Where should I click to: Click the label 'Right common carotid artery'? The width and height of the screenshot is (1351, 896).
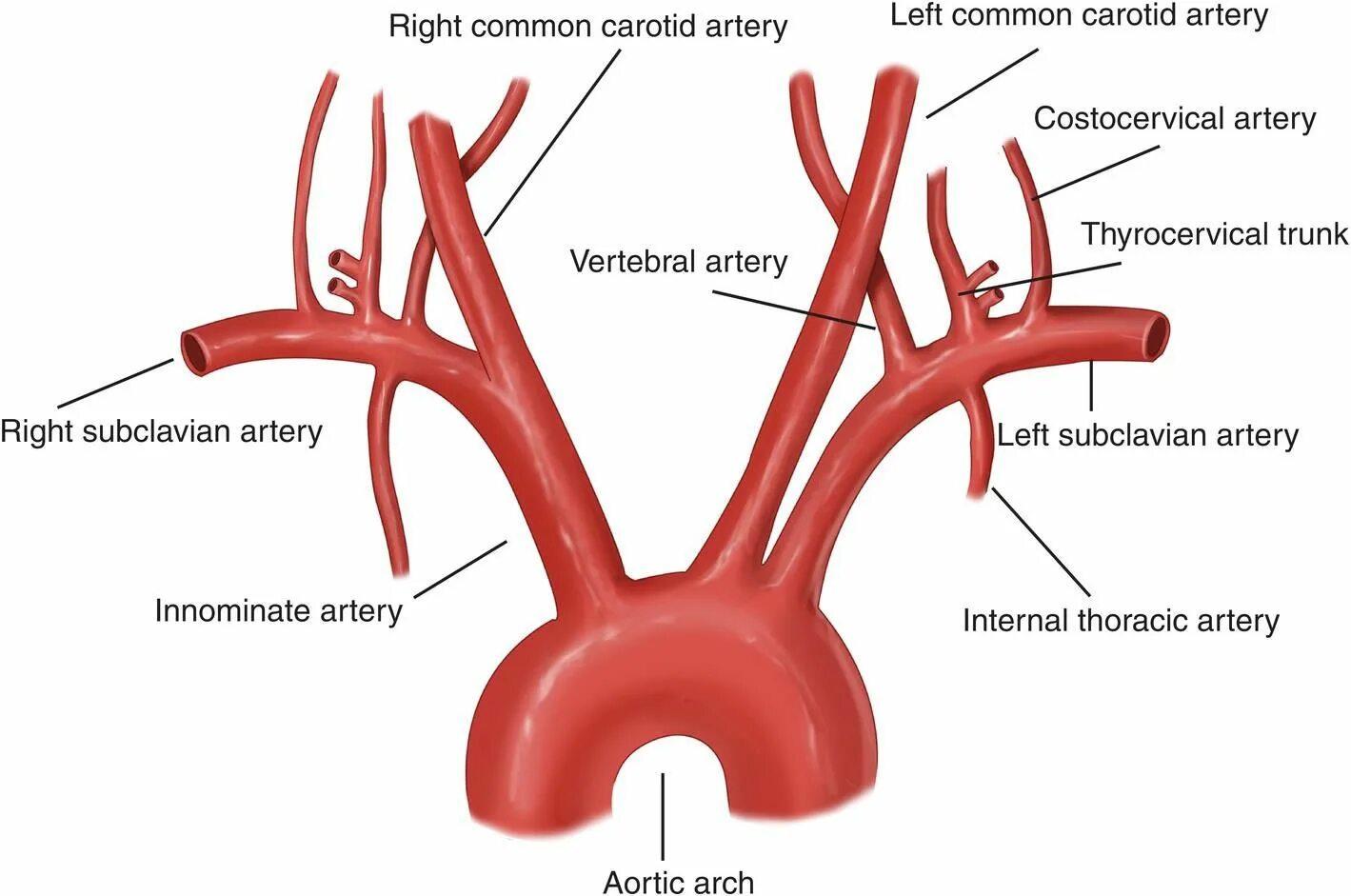(x=587, y=26)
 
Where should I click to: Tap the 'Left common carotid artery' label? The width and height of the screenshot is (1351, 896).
(x=1079, y=15)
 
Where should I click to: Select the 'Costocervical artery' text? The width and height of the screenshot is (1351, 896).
(x=1174, y=119)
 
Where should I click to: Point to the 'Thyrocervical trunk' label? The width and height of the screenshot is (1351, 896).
(x=1214, y=234)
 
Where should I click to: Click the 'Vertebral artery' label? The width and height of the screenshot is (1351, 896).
(x=679, y=261)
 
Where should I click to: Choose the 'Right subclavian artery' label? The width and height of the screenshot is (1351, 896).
(x=161, y=431)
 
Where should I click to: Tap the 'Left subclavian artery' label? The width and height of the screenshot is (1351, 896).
(x=1147, y=435)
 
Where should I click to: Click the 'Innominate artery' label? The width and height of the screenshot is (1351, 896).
(x=278, y=610)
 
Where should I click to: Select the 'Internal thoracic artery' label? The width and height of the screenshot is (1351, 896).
(x=1121, y=621)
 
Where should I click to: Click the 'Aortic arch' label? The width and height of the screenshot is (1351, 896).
(x=679, y=882)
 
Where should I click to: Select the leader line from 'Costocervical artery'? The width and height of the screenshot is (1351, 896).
(x=1097, y=172)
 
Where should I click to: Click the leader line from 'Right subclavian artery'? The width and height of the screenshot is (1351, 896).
(x=115, y=383)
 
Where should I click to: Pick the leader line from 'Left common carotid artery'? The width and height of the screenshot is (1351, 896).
(x=982, y=83)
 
